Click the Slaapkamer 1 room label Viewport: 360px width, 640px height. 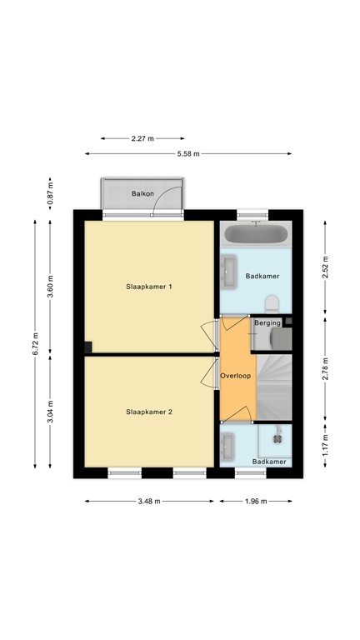pos(148,287)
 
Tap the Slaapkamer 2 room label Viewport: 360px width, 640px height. pos(148,412)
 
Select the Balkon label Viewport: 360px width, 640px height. pos(142,194)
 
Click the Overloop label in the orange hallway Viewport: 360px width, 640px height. pos(236,376)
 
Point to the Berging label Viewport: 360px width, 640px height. pos(267,322)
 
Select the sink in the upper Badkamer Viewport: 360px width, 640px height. pos(229,268)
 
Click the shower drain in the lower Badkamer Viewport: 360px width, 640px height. pos(278,433)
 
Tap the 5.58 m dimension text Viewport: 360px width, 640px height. pos(187,153)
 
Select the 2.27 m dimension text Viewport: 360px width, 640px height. pos(142,139)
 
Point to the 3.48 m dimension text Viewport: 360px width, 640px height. pos(150,501)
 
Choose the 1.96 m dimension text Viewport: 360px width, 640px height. pos(257,501)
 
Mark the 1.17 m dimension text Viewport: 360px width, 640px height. pos(326,439)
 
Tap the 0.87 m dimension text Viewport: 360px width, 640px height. pos(51,195)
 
